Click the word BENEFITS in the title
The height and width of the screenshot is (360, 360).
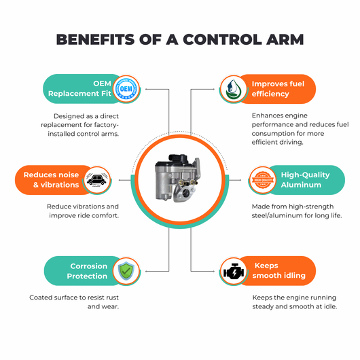tap(95, 39)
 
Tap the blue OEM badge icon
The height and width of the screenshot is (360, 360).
tap(126, 88)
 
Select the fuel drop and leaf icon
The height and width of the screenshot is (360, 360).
tap(233, 89)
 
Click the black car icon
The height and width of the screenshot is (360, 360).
tap(97, 180)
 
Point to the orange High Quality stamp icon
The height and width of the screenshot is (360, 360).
tap(262, 180)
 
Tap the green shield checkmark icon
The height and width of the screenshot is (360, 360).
tap(126, 271)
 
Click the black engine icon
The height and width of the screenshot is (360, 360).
tap(234, 272)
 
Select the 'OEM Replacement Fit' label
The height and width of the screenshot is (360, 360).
tap(79, 88)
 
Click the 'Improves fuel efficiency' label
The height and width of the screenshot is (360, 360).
tap(278, 89)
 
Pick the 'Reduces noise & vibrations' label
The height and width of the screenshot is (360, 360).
tap(51, 180)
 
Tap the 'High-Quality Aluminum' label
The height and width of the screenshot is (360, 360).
tap(305, 180)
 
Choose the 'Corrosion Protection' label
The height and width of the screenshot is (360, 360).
tap(87, 271)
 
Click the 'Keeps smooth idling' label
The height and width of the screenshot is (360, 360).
tap(278, 270)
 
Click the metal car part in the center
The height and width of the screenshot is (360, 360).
tap(177, 178)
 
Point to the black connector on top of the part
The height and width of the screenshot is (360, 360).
tap(178, 158)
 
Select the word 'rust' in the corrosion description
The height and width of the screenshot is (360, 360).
tap(113, 298)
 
